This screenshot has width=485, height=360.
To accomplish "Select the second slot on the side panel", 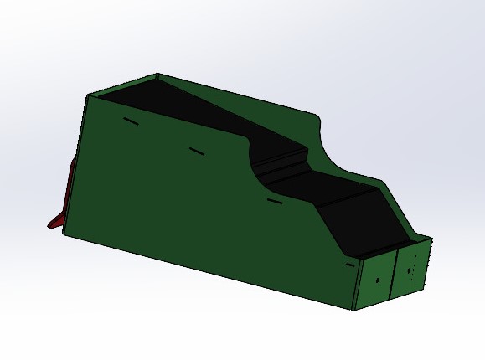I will [196, 152].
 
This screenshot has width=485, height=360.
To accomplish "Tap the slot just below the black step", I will [272, 201].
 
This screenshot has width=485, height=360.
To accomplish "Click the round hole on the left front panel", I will [378, 279].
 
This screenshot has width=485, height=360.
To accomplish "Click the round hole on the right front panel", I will [410, 270].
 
